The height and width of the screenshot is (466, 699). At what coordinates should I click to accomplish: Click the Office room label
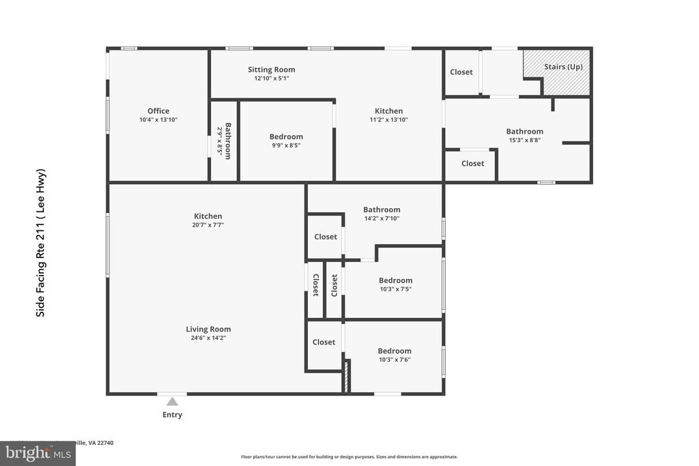click(158, 111)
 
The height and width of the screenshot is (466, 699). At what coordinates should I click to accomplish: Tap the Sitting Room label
click(272, 70)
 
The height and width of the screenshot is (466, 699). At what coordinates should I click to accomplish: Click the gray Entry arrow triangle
click(173, 401)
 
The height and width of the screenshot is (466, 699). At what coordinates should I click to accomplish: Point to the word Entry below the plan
click(172, 415)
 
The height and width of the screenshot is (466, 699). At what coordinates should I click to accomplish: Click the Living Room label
click(208, 329)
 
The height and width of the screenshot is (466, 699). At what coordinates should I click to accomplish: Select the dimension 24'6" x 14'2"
click(208, 338)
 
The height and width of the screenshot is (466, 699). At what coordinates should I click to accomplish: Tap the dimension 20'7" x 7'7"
click(208, 224)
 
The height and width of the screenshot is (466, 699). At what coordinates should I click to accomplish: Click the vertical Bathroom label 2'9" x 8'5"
click(224, 141)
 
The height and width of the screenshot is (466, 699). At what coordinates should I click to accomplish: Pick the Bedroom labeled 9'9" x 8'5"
click(286, 137)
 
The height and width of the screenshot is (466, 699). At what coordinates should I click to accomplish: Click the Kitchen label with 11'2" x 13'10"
click(388, 111)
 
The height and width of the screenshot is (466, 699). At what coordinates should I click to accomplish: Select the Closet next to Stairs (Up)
click(461, 72)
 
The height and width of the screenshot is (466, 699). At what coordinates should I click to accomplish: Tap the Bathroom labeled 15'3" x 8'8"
click(524, 132)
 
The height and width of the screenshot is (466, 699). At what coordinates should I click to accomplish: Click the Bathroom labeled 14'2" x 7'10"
click(382, 210)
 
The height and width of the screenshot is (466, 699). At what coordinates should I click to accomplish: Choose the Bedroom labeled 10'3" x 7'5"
click(395, 280)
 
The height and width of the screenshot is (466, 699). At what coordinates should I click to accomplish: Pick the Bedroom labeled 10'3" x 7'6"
click(395, 351)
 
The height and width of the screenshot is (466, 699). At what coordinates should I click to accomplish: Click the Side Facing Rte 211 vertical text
click(40, 242)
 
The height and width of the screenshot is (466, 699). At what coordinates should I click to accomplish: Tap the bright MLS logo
click(38, 453)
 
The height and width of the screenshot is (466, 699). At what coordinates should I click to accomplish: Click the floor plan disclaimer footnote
click(349, 457)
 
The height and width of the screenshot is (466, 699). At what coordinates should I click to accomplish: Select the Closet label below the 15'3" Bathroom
click(472, 164)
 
